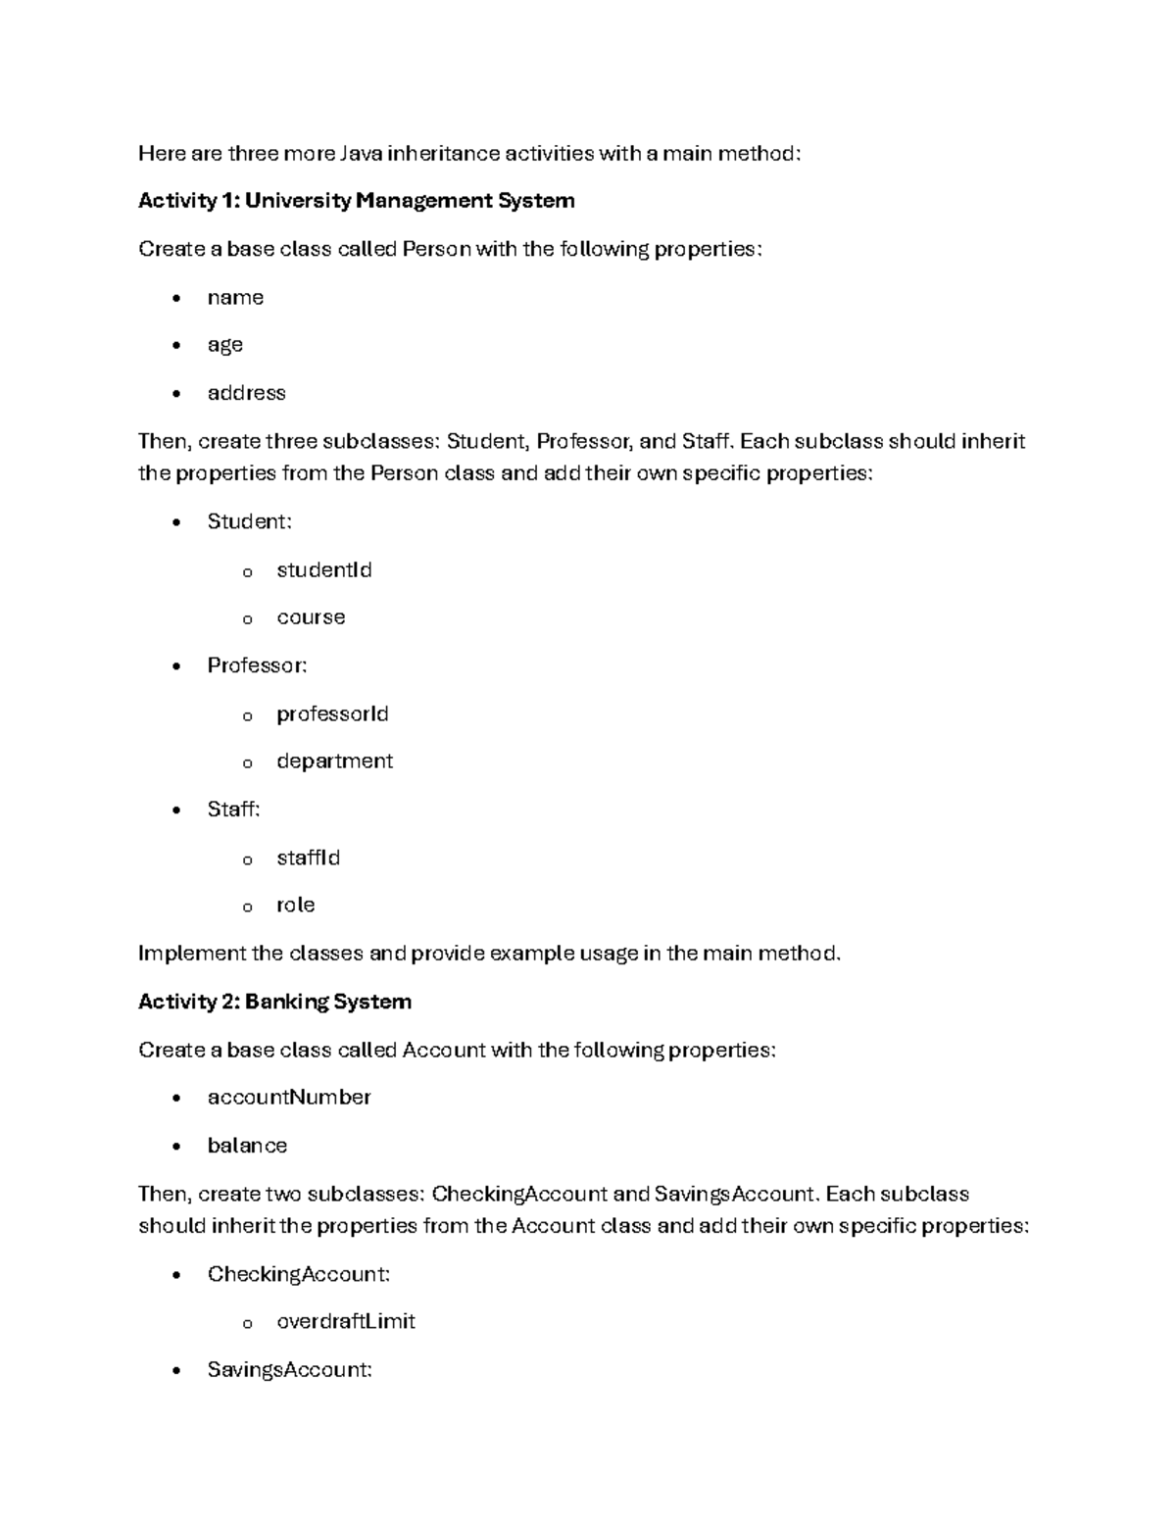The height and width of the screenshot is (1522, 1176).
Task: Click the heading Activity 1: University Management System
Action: [x=356, y=201]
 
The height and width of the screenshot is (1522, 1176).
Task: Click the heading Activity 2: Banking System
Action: [x=274, y=1002]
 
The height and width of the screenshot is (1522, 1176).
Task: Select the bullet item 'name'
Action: [x=235, y=298]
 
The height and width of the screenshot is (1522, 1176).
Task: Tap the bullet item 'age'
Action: [x=224, y=345]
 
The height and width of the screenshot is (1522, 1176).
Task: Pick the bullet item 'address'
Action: [x=246, y=393]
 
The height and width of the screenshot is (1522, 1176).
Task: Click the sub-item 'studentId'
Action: [x=323, y=570]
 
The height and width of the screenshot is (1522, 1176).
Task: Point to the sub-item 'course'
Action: [x=311, y=617]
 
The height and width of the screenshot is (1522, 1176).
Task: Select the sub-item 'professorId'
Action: [x=332, y=713]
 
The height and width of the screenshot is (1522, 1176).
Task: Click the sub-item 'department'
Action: [x=334, y=761]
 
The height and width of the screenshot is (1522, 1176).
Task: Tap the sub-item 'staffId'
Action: [x=308, y=858]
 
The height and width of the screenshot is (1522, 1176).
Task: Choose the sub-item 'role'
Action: [x=295, y=905]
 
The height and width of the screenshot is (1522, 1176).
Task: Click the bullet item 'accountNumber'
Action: [x=288, y=1098]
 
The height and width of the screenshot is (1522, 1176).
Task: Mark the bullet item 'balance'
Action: [x=247, y=1146]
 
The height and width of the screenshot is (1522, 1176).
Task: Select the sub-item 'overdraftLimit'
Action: [x=345, y=1322]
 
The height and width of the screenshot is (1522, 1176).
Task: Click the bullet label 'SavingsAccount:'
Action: [x=289, y=1370]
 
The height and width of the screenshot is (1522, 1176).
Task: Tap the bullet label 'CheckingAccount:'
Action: [x=298, y=1274]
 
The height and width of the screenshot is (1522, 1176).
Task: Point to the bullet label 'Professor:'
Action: [x=257, y=665]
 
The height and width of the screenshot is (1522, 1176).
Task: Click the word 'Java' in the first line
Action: [x=362, y=153]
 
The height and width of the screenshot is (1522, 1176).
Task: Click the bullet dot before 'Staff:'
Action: [x=175, y=810]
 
